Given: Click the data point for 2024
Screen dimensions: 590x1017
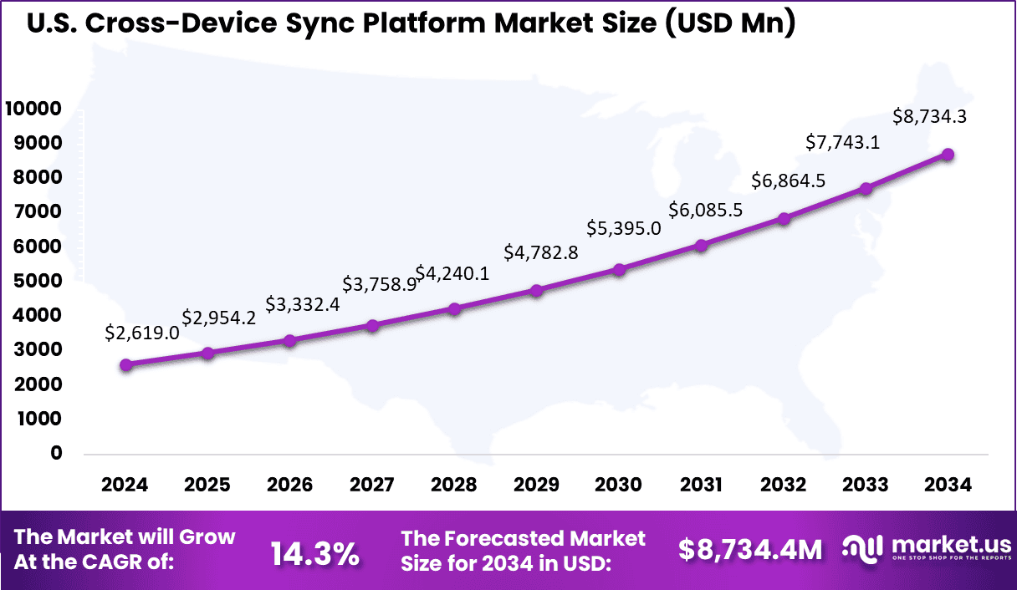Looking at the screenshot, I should click(x=125, y=364).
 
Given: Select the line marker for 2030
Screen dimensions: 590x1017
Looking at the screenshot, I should click(x=619, y=269).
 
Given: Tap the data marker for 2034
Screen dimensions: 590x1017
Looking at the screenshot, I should click(x=948, y=155).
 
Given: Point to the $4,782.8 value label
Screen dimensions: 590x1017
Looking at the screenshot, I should click(x=540, y=252).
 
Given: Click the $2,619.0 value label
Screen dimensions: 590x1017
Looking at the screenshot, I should click(x=142, y=333).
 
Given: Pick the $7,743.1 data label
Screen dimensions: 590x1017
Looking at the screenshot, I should click(x=842, y=143).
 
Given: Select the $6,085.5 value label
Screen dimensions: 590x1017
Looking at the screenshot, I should click(x=705, y=210).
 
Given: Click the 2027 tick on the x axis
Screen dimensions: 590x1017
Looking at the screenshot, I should click(x=372, y=486).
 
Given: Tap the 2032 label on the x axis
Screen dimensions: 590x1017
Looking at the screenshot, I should click(x=784, y=486).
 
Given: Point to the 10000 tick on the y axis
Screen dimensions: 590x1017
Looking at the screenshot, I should click(x=33, y=109).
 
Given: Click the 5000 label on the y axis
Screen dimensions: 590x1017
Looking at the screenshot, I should click(x=39, y=281).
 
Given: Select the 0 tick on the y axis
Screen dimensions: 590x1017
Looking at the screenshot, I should click(x=57, y=453).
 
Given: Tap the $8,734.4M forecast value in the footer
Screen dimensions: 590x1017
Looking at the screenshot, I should click(x=750, y=549).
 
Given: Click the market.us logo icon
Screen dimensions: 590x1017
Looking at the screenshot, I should click(x=862, y=547).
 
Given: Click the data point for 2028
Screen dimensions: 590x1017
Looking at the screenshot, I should click(x=454, y=309).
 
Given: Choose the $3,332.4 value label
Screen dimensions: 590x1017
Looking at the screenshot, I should click(x=303, y=304).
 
